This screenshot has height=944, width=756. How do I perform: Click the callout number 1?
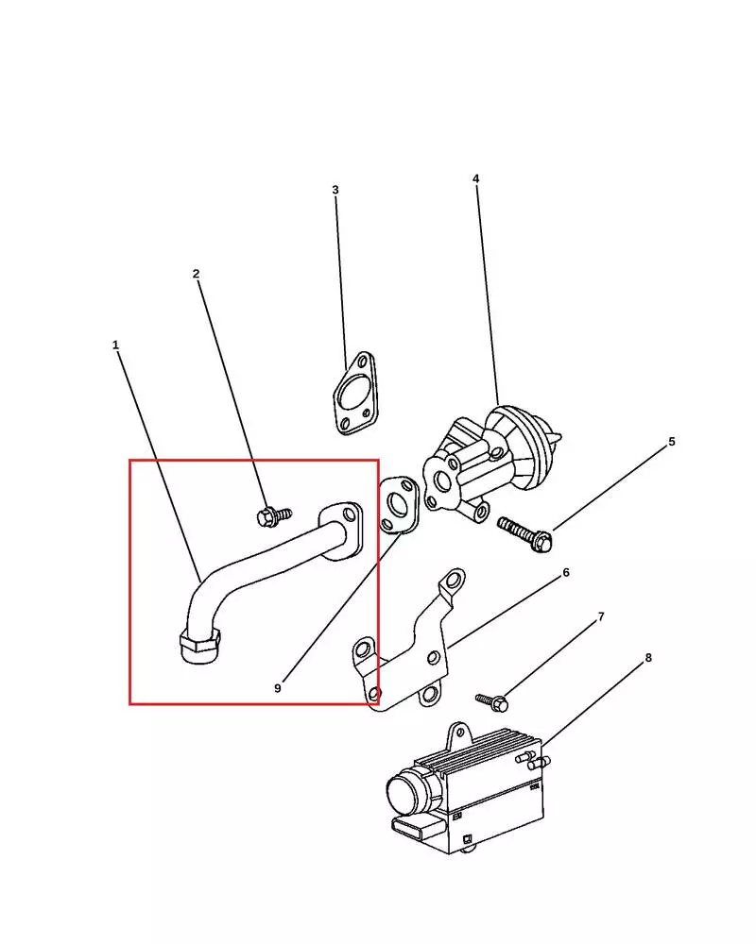click(115, 345)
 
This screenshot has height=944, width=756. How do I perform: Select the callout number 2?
click(196, 274)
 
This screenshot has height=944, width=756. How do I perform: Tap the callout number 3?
click(335, 190)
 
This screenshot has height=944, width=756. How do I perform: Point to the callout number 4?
click(475, 178)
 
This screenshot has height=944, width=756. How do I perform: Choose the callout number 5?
click(672, 441)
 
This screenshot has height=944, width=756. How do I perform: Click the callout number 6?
click(565, 573)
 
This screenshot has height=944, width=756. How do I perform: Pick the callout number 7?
click(600, 616)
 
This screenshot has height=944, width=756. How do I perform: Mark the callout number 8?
click(648, 657)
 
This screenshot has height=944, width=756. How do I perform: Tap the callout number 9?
click(277, 688)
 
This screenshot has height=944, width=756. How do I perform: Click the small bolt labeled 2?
click(273, 516)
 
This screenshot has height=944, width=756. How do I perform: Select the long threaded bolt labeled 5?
click(525, 533)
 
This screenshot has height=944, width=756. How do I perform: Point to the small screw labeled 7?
click(492, 701)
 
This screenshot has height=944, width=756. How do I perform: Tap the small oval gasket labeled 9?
click(399, 505)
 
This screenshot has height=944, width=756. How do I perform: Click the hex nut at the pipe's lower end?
click(200, 647)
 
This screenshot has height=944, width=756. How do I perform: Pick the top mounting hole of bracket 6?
click(452, 582)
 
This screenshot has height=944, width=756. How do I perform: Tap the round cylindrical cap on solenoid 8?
click(408, 794)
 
